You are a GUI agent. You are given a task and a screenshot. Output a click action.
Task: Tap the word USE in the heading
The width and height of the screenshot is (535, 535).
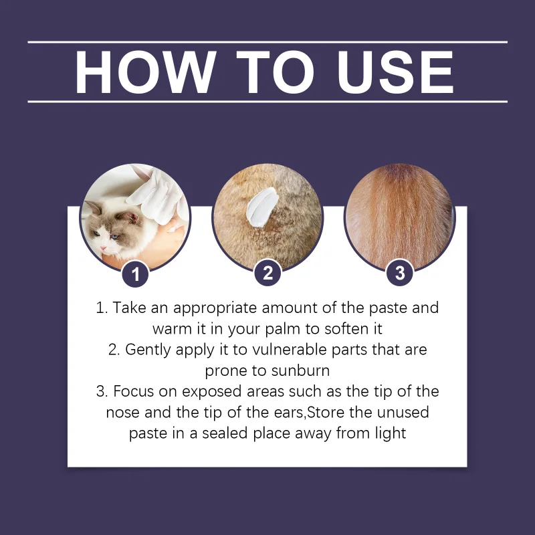point(395,72)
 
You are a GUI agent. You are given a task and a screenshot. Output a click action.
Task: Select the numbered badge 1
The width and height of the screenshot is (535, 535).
point(136,273)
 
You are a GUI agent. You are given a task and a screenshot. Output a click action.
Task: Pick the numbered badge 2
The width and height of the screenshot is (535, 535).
point(268,273)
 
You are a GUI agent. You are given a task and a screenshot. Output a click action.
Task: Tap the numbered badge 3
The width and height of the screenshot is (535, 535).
point(400,273)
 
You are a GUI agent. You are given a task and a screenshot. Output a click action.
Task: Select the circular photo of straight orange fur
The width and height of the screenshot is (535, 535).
point(399,214)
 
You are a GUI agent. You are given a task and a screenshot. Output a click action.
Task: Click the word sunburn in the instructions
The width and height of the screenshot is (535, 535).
point(300,370)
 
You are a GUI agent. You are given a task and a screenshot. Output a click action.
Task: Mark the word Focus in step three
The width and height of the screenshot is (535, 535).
point(133,391)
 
